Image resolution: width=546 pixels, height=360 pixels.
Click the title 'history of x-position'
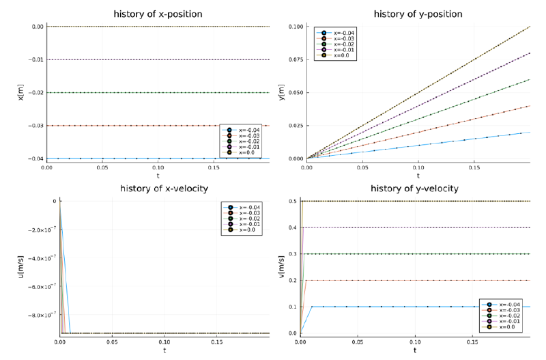point(158,14)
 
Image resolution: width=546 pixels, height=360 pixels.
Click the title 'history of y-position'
point(418,14)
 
